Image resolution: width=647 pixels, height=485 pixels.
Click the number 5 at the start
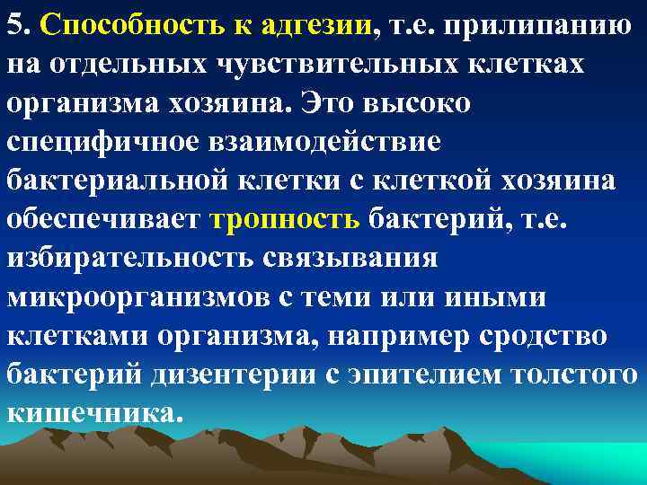click(14, 24)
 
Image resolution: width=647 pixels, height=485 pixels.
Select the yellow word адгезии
click(318, 25)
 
